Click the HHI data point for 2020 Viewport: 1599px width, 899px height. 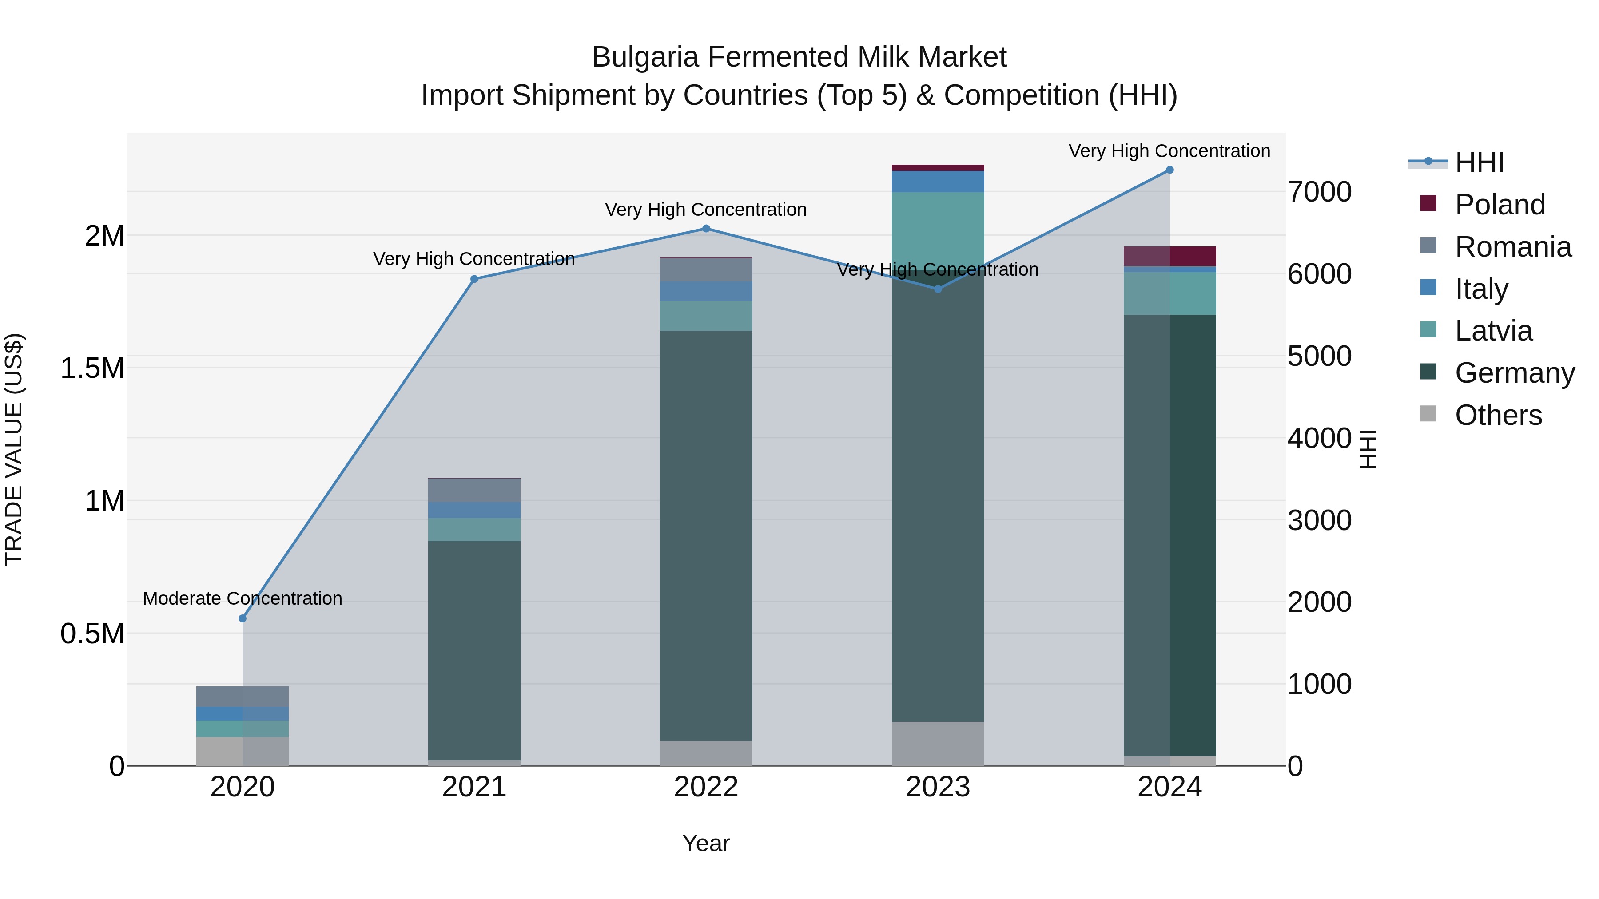pos(243,618)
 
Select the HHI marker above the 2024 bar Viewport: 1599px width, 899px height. pos(1169,170)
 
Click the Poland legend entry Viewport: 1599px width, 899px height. pos(1500,205)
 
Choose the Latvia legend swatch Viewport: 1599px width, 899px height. pos(1428,330)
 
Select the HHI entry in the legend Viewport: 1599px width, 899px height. pos(1479,162)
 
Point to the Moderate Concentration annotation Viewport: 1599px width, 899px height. pos(243,599)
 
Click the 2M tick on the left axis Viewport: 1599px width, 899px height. pos(104,236)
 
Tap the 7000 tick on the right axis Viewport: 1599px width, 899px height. pos(1319,192)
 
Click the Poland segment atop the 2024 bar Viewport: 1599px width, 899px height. pos(1169,256)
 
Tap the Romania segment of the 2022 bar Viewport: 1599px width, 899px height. pos(706,270)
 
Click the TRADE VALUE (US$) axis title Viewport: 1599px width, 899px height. pos(14,449)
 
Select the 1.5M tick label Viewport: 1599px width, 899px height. pos(92,368)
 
